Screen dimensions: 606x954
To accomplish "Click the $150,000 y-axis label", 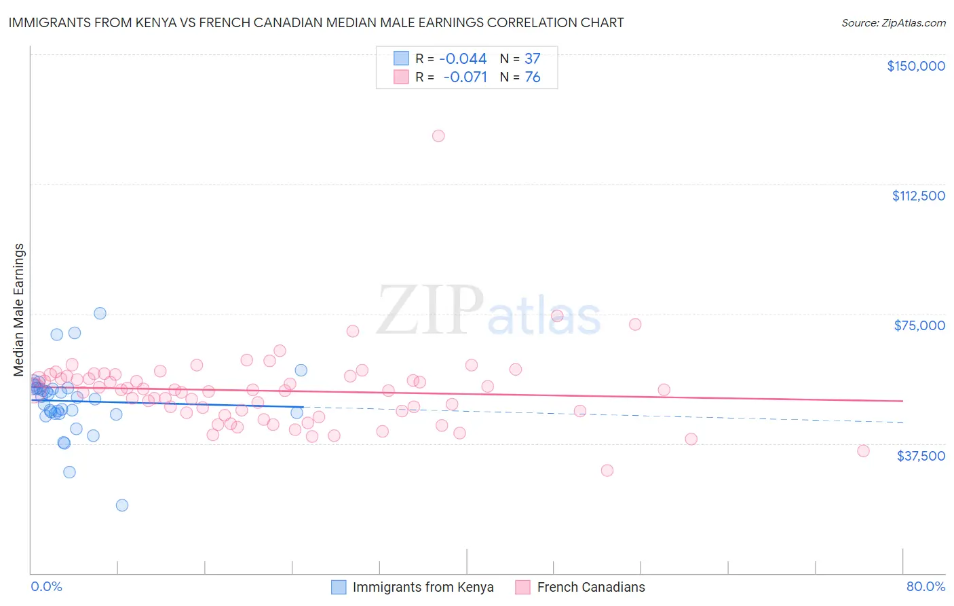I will pyautogui.click(x=915, y=66).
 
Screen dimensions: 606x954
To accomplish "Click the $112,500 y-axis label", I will pyautogui.click(x=918, y=196).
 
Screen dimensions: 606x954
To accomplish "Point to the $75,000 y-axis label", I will pyautogui.click(x=919, y=325).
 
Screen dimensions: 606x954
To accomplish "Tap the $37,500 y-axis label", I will pyautogui.click(x=921, y=456).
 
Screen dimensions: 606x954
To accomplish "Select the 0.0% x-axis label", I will pyautogui.click(x=46, y=586).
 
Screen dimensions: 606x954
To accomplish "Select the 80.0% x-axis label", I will pyautogui.click(x=926, y=586).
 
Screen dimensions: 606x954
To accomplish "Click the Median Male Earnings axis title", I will pyautogui.click(x=19, y=310).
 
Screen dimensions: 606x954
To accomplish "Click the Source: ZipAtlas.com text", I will pyautogui.click(x=893, y=22).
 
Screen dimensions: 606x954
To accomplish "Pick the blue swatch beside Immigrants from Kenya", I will pyautogui.click(x=339, y=587).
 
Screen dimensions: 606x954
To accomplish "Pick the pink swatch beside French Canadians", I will pyautogui.click(x=522, y=587).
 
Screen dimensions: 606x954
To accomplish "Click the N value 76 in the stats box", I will pyautogui.click(x=533, y=77).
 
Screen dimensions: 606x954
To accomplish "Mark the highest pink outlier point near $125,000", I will pyautogui.click(x=438, y=136).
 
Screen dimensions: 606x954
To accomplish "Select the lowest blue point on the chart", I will pyautogui.click(x=122, y=505).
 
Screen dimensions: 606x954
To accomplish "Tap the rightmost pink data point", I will pyautogui.click(x=863, y=451).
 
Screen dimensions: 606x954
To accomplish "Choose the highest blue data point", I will pyautogui.click(x=100, y=313).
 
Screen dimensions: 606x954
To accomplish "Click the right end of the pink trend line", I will pyautogui.click(x=902, y=401).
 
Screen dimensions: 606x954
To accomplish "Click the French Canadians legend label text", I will pyautogui.click(x=591, y=587).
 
